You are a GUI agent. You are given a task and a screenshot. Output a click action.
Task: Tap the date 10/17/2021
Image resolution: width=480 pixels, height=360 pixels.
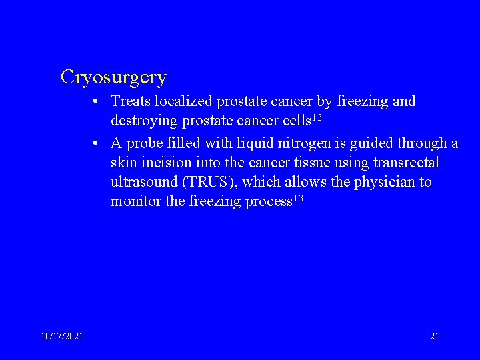(x=61, y=337)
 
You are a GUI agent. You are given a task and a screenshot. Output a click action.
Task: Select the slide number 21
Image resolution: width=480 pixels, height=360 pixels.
(x=434, y=337)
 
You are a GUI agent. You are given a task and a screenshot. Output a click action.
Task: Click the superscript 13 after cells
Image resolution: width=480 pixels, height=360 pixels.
(x=317, y=118)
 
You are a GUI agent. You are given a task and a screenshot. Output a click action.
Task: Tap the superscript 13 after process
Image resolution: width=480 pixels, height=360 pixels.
(x=297, y=199)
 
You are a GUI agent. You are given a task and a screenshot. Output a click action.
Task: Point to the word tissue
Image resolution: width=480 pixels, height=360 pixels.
(x=311, y=163)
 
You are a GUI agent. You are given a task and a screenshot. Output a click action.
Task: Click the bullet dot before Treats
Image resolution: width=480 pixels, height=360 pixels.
(x=97, y=102)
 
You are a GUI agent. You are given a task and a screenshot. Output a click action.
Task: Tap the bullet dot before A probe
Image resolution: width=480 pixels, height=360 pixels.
(x=97, y=143)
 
